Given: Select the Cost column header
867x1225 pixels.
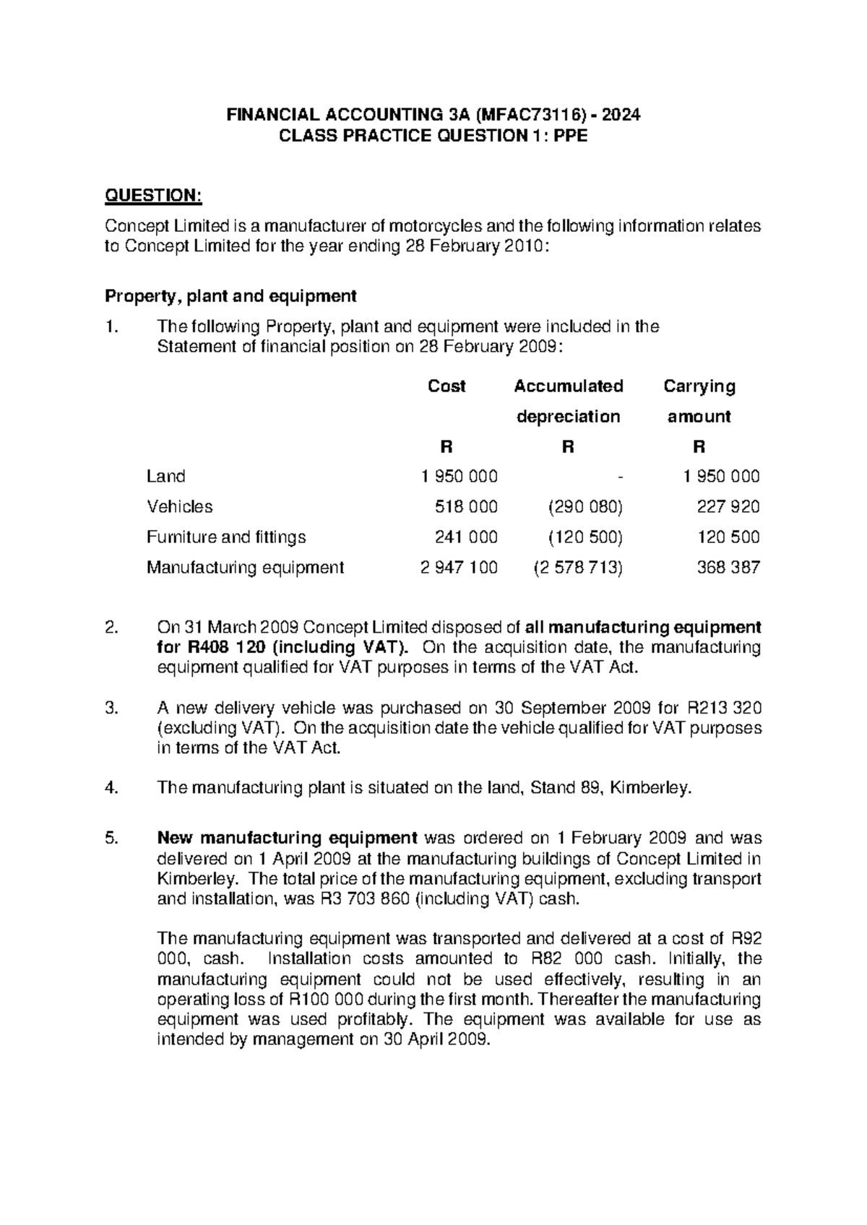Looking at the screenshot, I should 447,386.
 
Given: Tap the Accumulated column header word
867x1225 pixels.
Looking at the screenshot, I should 568,386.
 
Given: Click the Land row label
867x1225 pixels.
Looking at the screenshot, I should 165,476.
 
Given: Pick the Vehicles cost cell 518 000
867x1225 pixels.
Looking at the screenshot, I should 466,506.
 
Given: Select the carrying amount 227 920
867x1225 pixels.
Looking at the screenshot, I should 728,506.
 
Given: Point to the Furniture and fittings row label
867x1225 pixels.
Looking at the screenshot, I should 226,537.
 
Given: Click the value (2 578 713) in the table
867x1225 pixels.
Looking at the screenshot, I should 578,568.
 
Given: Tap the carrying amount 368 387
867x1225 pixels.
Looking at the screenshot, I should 728,568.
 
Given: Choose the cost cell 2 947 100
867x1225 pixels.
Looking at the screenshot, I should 459,568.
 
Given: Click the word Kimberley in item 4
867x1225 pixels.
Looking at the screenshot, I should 650,788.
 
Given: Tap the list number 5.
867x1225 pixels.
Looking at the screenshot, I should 111,839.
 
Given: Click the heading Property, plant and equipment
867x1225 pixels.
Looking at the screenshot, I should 230,296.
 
